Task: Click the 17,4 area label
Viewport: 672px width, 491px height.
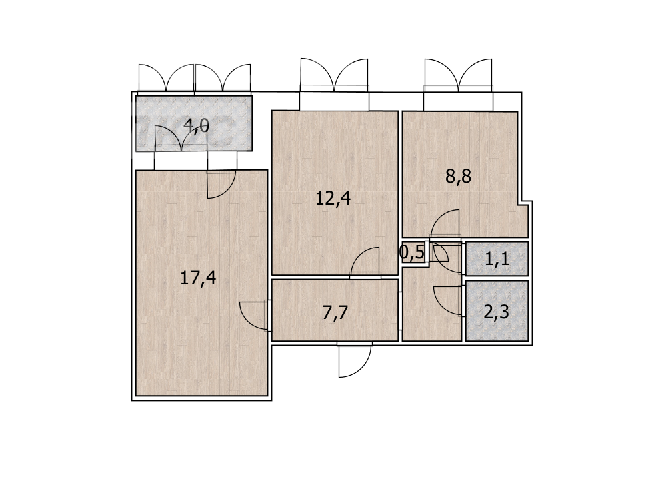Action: (198, 279)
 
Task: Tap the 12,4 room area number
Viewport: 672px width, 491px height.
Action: (333, 199)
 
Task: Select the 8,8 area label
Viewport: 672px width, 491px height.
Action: (458, 176)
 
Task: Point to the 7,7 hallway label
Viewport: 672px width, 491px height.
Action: (335, 314)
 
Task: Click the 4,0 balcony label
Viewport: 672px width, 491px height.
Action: (196, 126)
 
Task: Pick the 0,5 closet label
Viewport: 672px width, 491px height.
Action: (412, 252)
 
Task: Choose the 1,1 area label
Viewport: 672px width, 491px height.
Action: (497, 258)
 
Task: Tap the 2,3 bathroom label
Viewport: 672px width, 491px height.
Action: (496, 312)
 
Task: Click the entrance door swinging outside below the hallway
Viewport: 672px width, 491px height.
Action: (355, 360)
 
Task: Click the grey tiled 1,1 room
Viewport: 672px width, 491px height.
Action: (497, 258)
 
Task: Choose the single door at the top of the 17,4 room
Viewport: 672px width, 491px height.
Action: (221, 185)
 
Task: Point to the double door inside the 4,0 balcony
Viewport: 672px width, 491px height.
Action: (182, 138)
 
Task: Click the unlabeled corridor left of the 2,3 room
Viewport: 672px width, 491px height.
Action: (432, 305)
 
